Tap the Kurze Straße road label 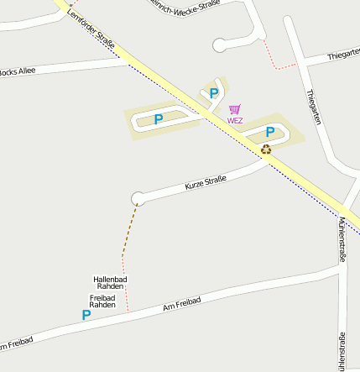click(206, 181)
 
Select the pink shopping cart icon click(235, 110)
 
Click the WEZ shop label click(235, 121)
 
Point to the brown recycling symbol click(266, 149)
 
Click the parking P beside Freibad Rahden click(86, 315)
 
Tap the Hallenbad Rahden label click(109, 282)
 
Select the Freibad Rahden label click(102, 301)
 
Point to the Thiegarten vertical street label click(315, 107)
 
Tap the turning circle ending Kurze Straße click(138, 198)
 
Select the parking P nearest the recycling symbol click(270, 132)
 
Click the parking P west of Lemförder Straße click(158, 119)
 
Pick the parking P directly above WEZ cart click(213, 93)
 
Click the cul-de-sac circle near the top click(220, 45)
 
